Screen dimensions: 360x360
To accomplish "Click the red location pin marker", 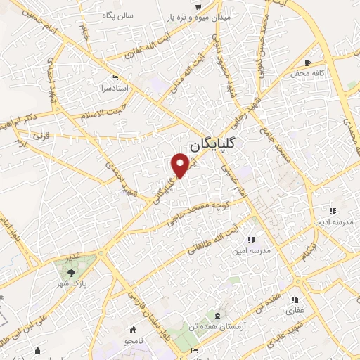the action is tap(181, 165).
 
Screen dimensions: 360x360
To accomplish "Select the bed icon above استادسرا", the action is tap(116, 77).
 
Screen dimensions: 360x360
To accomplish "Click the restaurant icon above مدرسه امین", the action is tap(251, 240).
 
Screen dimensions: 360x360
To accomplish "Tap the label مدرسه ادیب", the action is tap(333, 222).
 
